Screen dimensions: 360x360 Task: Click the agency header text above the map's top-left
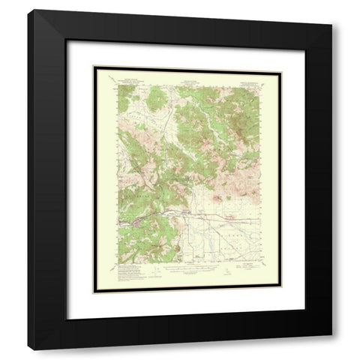point(129,77)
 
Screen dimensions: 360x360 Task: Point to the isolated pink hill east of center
point(217,197)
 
